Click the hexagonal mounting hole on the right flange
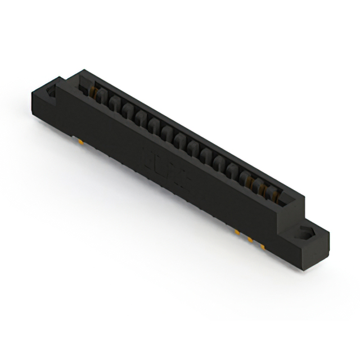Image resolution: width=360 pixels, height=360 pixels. point(307,232)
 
